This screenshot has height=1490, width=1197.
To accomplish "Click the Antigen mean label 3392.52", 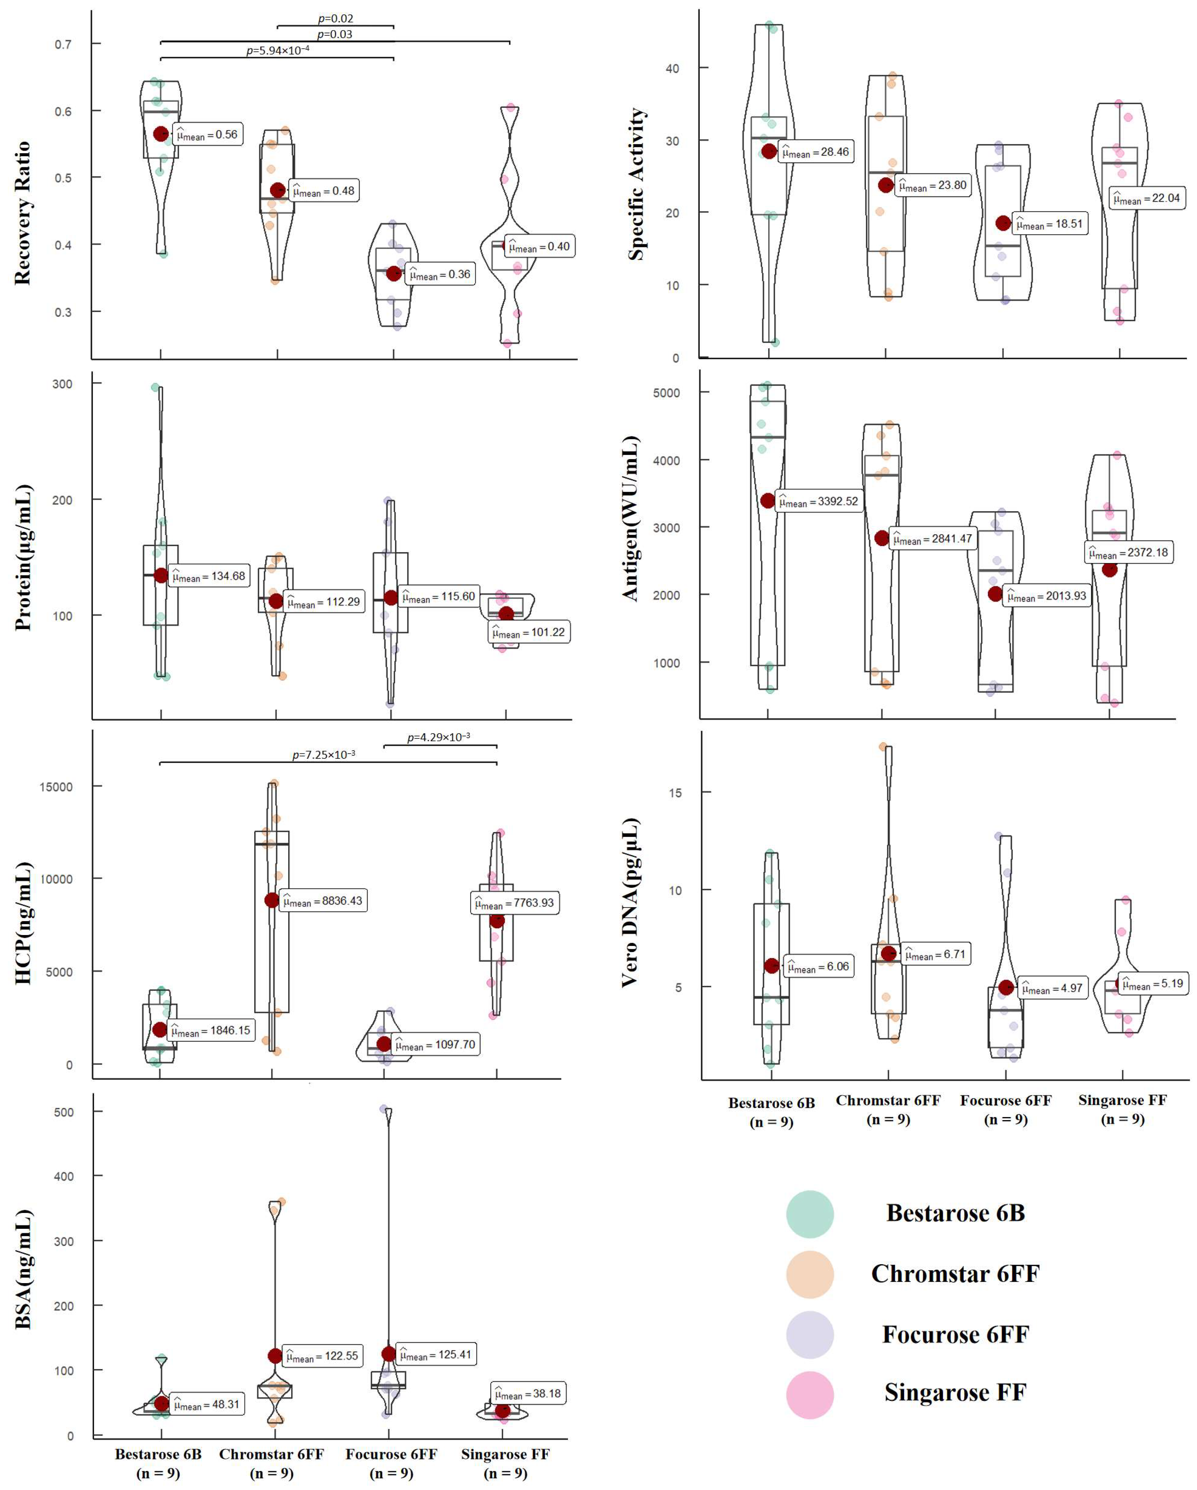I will pyautogui.click(x=818, y=501).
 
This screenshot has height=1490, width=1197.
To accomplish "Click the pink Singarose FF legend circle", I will pyautogui.click(x=809, y=1394).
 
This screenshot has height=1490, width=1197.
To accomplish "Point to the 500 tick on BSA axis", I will pyautogui.click(x=63, y=1112).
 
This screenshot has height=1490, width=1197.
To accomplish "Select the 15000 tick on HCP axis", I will pyautogui.click(x=55, y=786).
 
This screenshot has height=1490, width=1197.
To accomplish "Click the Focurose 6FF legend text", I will pyautogui.click(x=955, y=1334).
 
